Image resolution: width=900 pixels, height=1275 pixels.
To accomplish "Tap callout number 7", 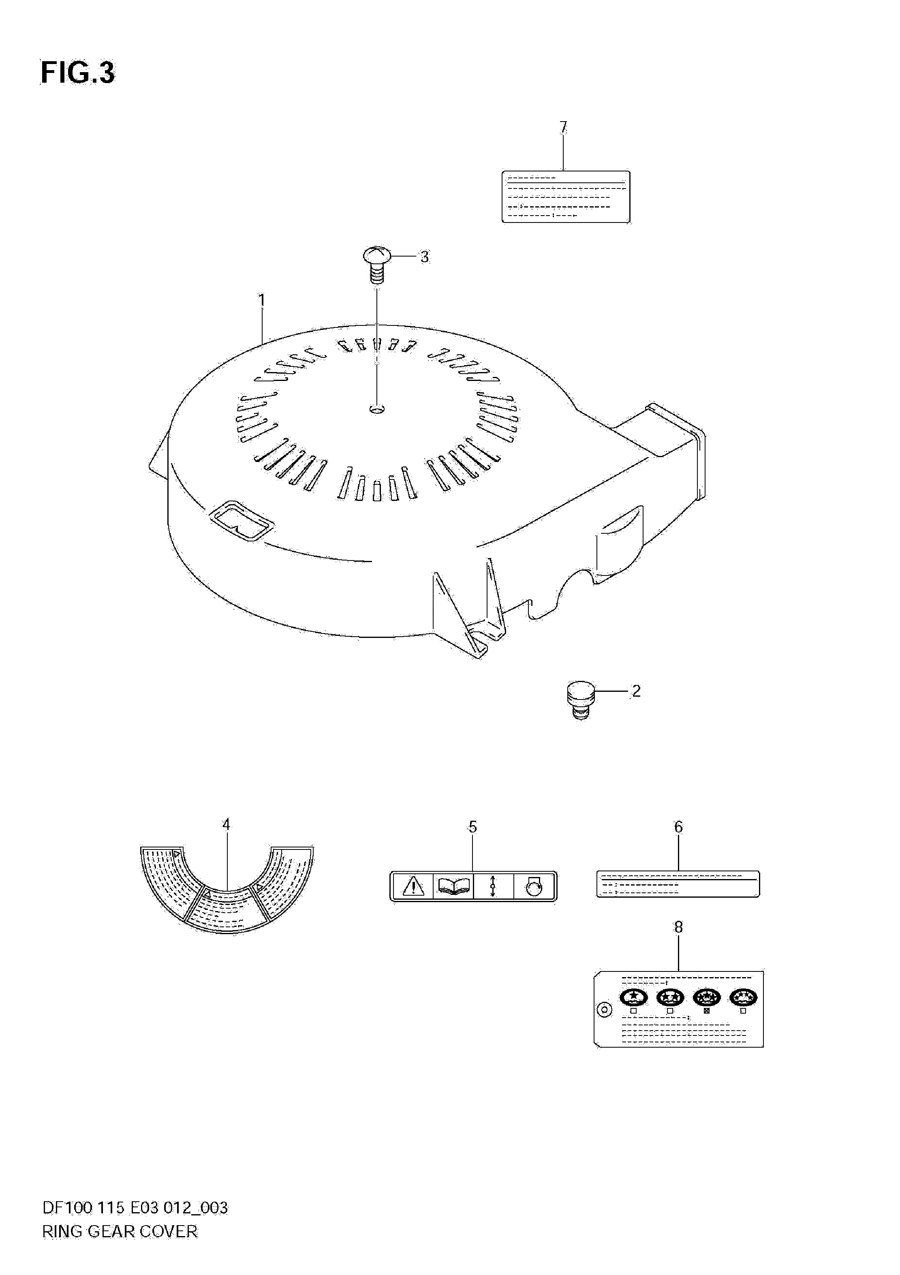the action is (564, 128).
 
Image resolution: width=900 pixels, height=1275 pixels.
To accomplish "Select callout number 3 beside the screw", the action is (424, 257).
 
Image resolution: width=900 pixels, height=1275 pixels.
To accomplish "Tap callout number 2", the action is (636, 691).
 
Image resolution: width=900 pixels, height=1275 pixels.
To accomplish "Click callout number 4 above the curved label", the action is (226, 825).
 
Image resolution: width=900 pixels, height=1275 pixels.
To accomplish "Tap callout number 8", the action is (678, 927).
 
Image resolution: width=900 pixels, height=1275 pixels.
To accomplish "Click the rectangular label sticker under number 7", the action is (566, 197).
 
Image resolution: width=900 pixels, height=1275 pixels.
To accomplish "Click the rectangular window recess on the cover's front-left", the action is (242, 520).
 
